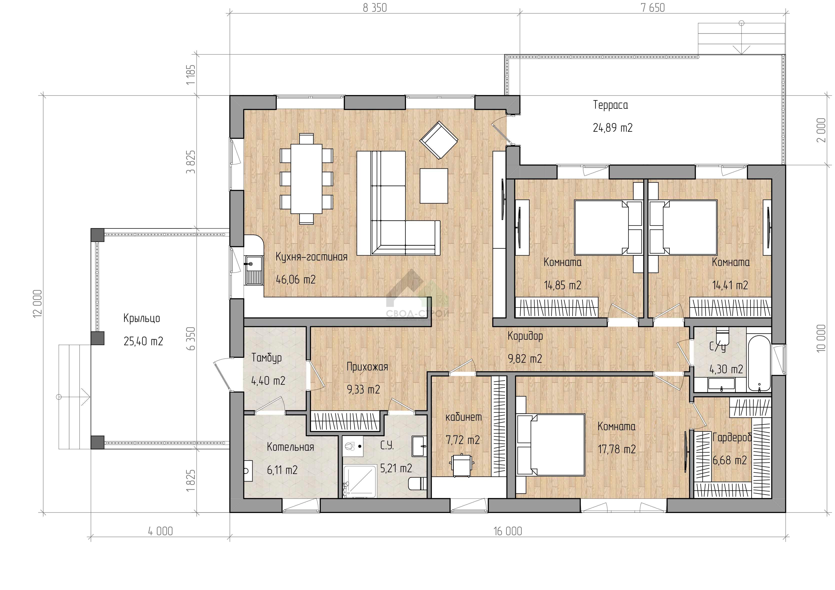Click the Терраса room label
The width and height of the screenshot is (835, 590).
pos(610,105)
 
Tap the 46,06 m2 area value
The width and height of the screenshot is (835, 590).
pos(296,280)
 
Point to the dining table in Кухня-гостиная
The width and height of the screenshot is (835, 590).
pos(306,178)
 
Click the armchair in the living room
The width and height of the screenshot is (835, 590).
pos(438,140)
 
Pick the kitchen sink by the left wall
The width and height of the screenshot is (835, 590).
pos(254,270)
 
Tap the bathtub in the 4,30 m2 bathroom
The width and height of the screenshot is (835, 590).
pos(759,364)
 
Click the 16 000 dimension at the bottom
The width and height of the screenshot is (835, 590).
pos(508,531)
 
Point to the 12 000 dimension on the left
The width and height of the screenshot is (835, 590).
pos(38,304)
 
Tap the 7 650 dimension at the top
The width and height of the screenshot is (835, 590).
pos(653,8)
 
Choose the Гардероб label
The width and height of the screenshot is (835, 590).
pos(732,437)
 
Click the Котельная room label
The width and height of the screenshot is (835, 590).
pos(290,447)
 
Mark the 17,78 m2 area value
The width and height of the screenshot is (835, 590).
pos(617,449)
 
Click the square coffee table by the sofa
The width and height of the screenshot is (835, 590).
pos(433,185)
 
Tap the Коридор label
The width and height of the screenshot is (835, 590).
pos(525,336)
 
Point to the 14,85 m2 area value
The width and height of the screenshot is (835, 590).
pos(562,285)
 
